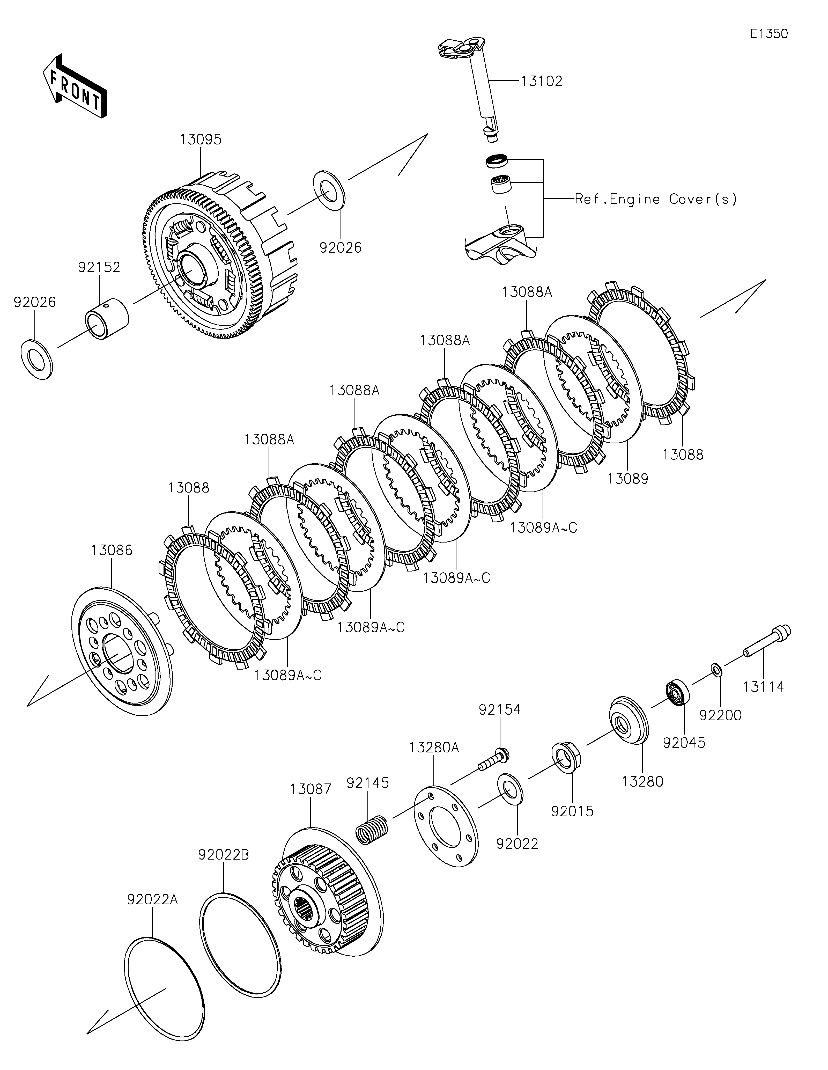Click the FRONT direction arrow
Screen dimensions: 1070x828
pyautogui.click(x=75, y=87)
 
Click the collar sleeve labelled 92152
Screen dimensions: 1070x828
pyautogui.click(x=107, y=317)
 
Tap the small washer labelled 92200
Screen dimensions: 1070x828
pyautogui.click(x=715, y=669)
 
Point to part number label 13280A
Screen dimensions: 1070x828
pyautogui.click(x=434, y=747)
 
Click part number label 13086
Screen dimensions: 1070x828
pyautogui.click(x=112, y=550)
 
